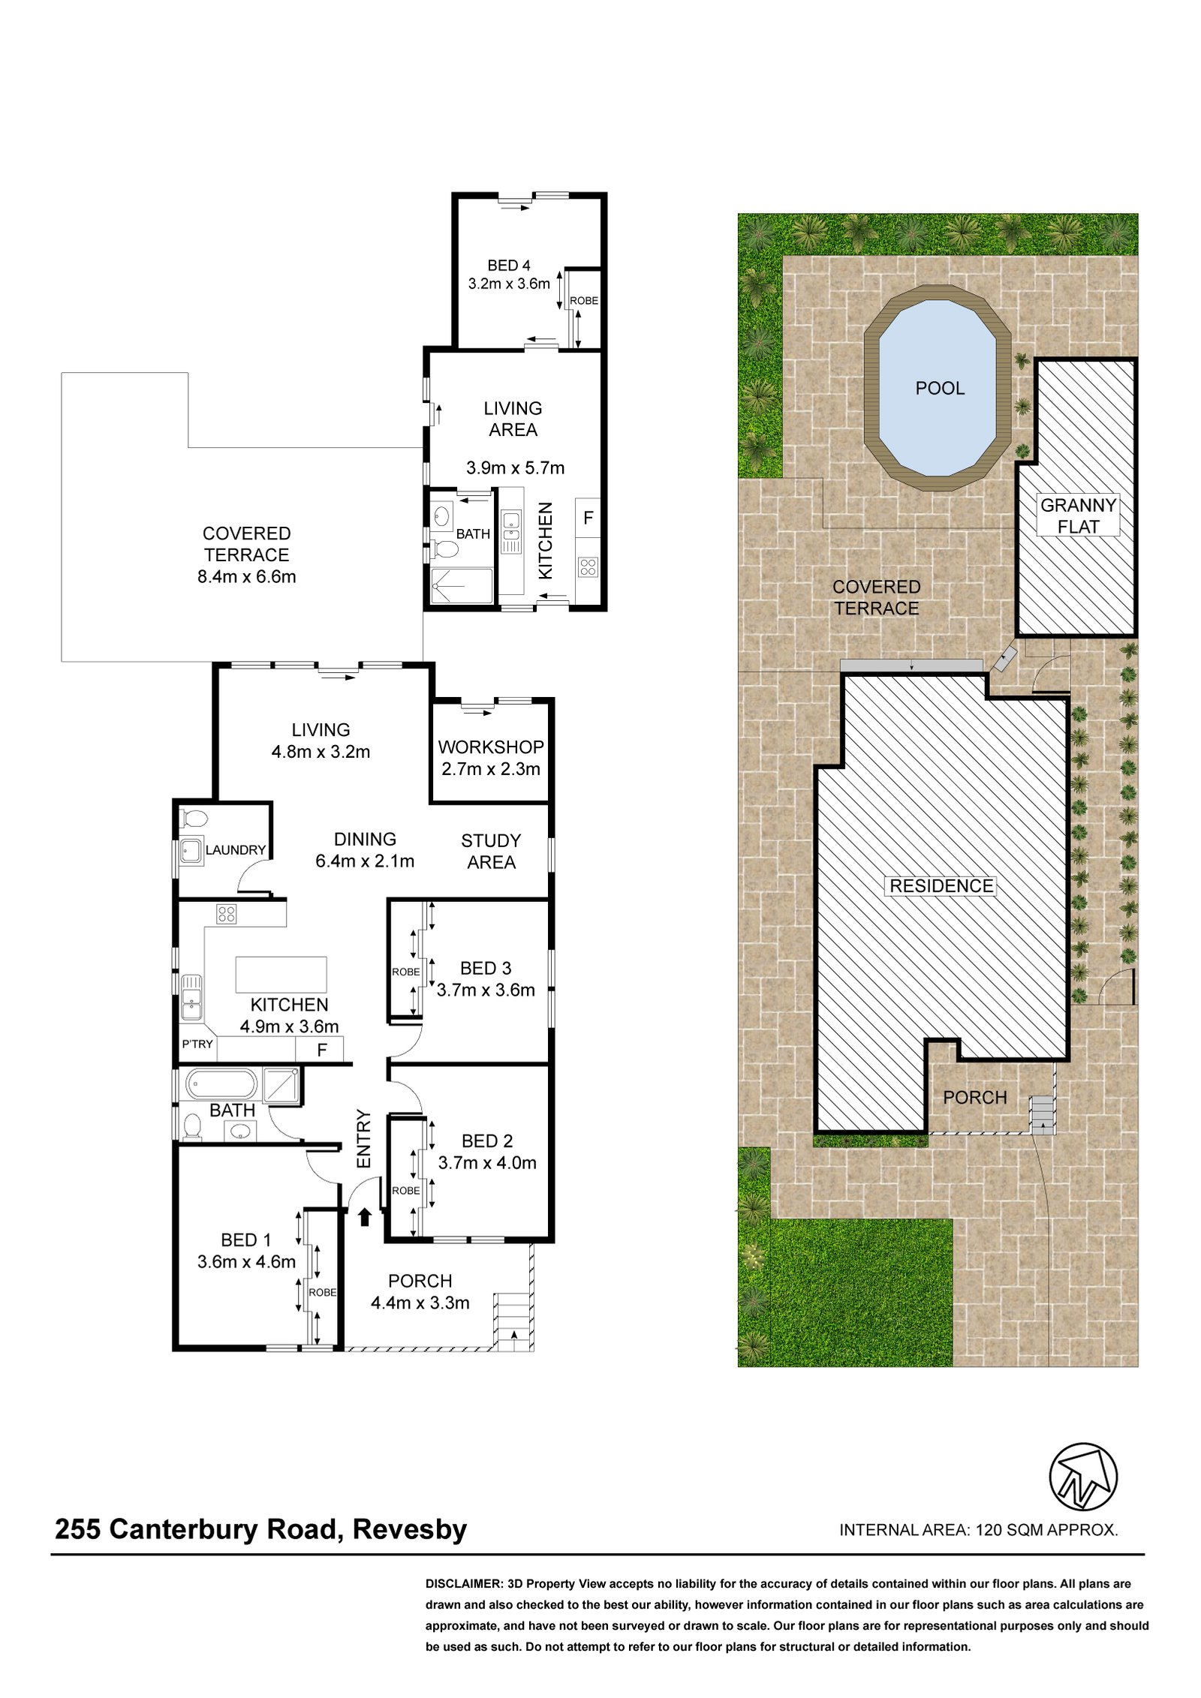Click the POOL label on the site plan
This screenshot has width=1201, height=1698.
[x=939, y=388]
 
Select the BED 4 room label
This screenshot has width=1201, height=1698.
[x=508, y=265]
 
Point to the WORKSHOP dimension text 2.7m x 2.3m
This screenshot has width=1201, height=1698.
[x=490, y=768]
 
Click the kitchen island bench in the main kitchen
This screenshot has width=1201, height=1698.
[x=281, y=975]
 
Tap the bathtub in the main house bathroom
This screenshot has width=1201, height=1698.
[x=221, y=1084]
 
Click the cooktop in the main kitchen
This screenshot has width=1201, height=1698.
[x=226, y=914]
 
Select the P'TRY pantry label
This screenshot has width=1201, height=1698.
[x=197, y=1044]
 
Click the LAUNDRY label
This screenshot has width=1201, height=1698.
[x=236, y=849]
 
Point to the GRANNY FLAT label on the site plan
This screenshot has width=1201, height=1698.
[x=1078, y=515]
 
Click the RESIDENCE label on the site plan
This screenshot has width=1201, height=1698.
[x=941, y=885]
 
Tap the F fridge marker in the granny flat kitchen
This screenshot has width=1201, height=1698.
[x=588, y=517]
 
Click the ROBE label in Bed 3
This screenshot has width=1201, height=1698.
[x=405, y=972]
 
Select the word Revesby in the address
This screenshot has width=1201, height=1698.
[x=410, y=1528]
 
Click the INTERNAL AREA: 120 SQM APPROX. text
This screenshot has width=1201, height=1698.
[x=978, y=1529]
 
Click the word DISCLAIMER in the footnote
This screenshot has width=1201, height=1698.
[x=463, y=1584]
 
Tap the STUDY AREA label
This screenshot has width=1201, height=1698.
[x=490, y=851]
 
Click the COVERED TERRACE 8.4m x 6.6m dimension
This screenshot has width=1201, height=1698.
[x=246, y=576]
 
